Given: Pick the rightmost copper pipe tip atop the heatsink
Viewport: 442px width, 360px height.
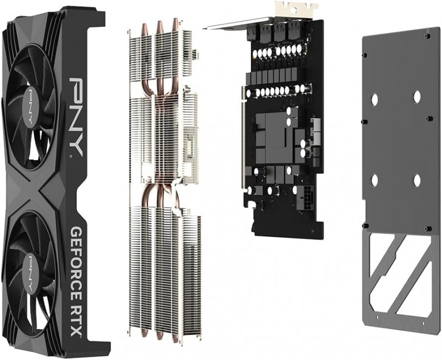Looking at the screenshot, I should point(176,23).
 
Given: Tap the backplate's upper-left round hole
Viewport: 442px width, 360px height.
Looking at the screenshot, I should point(374,99).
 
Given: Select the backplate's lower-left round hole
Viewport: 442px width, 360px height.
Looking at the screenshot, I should point(374,179).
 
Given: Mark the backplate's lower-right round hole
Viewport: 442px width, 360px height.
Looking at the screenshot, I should point(417,180).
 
